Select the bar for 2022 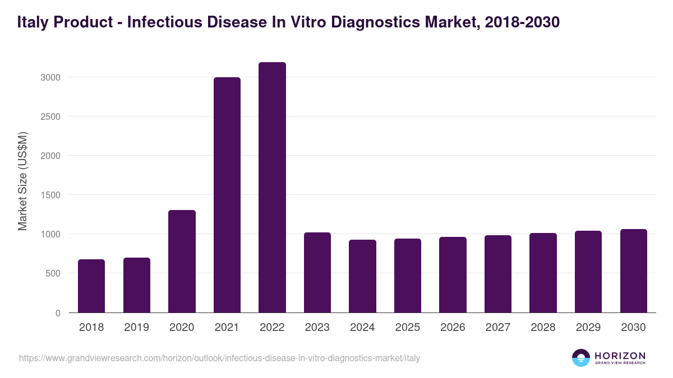pyautogui.click(x=272, y=188)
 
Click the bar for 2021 pyautogui.click(x=227, y=195)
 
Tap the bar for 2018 pyautogui.click(x=91, y=286)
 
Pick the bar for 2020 pyautogui.click(x=182, y=262)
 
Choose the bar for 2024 pyautogui.click(x=362, y=276)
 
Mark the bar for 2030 pyautogui.click(x=633, y=271)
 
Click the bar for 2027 pyautogui.click(x=498, y=274)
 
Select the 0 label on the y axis pyautogui.click(x=57, y=313)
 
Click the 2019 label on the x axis pyautogui.click(x=136, y=328)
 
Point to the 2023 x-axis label pyautogui.click(x=317, y=328)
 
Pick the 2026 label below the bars pyautogui.click(x=453, y=328)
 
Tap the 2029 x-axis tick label pyautogui.click(x=588, y=328)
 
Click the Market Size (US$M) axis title pyautogui.click(x=22, y=181)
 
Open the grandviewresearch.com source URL pyautogui.click(x=219, y=358)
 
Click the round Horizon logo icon pyautogui.click(x=581, y=358)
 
